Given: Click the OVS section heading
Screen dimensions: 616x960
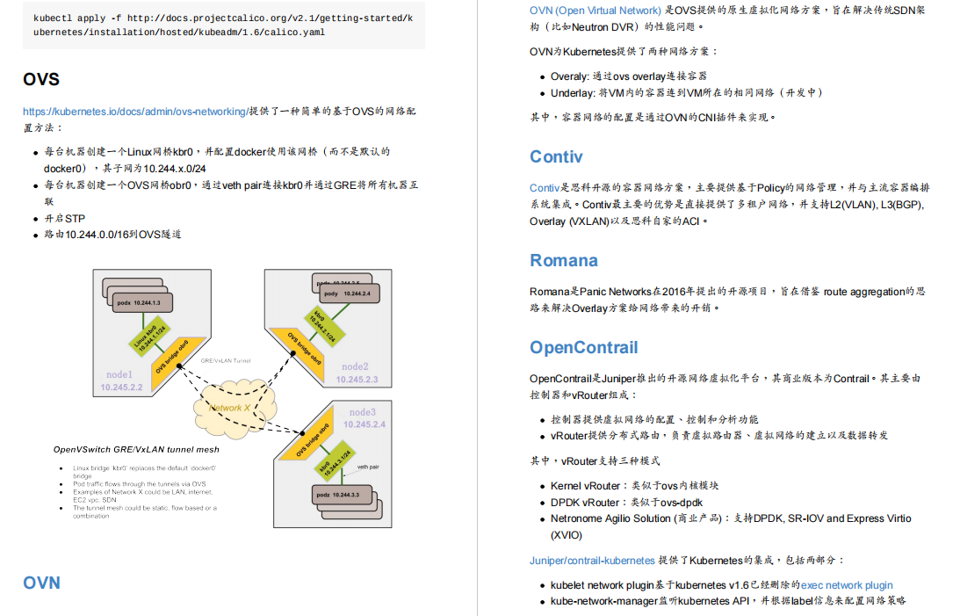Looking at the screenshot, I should pyautogui.click(x=41, y=79).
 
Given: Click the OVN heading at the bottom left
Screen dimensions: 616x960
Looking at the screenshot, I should pyautogui.click(x=41, y=583).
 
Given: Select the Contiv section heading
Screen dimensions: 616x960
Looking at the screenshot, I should pyautogui.click(x=556, y=156).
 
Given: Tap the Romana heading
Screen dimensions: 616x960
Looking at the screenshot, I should pyautogui.click(x=563, y=260).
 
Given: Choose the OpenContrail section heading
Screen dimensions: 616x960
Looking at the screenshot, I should pyautogui.click(x=583, y=347).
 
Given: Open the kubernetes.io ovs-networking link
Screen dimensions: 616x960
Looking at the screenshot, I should pyautogui.click(x=135, y=112).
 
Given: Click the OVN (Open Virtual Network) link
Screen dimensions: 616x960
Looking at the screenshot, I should pyautogui.click(x=595, y=11).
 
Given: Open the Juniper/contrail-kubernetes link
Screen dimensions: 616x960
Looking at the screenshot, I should pyautogui.click(x=592, y=560).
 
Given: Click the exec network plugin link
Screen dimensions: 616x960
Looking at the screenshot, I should pyautogui.click(x=847, y=584).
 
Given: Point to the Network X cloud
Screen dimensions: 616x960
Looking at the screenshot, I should pyautogui.click(x=230, y=408).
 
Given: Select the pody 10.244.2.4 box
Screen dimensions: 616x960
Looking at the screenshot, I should pyautogui.click(x=346, y=293).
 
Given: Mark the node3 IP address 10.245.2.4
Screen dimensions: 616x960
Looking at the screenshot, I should pyautogui.click(x=365, y=424).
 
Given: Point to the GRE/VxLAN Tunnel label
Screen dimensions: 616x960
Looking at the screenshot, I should pyautogui.click(x=226, y=360).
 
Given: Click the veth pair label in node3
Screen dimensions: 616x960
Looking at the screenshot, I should pyautogui.click(x=367, y=467).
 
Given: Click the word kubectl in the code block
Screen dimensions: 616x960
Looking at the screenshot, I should pyautogui.click(x=53, y=18).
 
